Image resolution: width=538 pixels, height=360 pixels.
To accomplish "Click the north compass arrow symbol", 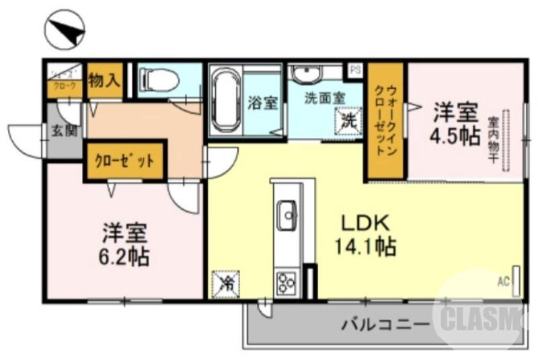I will coord(66,28).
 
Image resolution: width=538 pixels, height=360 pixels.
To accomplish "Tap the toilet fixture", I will coord(159,81).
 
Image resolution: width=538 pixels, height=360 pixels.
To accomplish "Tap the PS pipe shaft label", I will coord(354,69).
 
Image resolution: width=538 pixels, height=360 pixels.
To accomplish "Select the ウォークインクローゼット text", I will coord(385,121).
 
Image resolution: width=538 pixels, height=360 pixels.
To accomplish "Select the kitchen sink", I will coord(288,215).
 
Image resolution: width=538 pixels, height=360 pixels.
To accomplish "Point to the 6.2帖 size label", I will coord(125,256).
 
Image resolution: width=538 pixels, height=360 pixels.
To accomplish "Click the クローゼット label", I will coord(124,161).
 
